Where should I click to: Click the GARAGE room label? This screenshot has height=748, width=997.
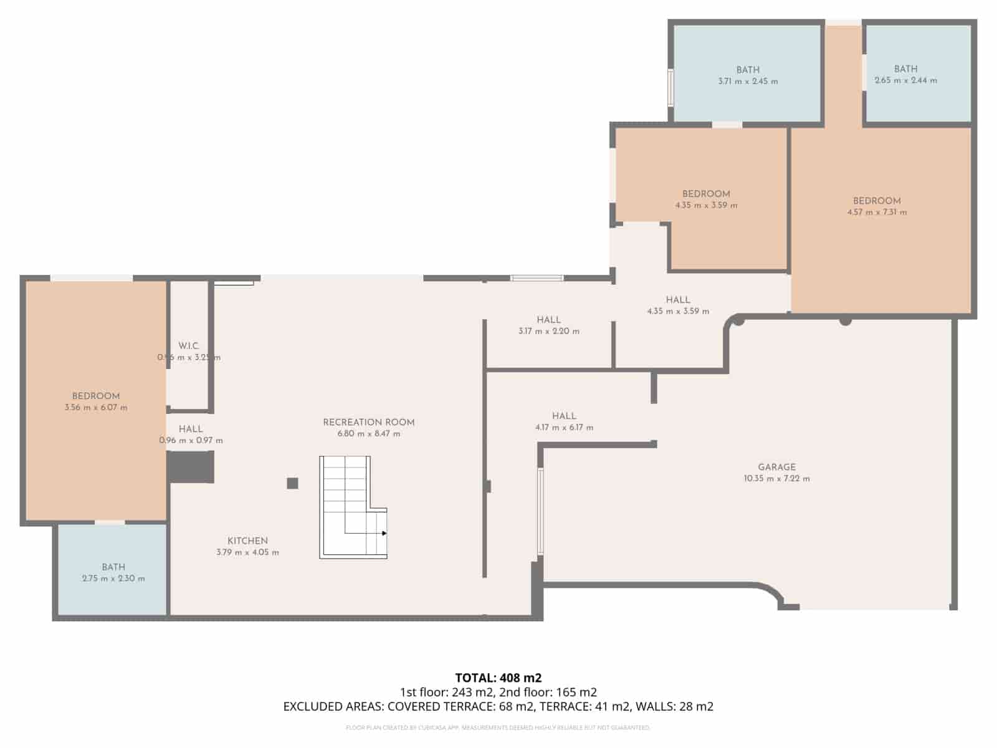pyautogui.click(x=776, y=467)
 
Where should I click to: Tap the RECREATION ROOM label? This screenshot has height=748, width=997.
pyautogui.click(x=368, y=422)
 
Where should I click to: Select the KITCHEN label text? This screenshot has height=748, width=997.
pyautogui.click(x=247, y=541)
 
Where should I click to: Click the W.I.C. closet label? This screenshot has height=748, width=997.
pyautogui.click(x=188, y=346)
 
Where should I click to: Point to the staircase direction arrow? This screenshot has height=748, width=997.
pyautogui.click(x=384, y=534)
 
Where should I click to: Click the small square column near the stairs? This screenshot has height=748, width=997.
pyautogui.click(x=292, y=483)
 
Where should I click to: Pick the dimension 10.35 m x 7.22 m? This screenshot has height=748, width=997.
pyautogui.click(x=776, y=479)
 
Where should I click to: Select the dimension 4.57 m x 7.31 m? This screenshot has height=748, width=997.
pyautogui.click(x=877, y=213)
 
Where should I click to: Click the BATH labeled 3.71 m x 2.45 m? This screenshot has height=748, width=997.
pyautogui.click(x=748, y=70)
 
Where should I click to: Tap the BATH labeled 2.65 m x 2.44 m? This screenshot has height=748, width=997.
pyautogui.click(x=905, y=69)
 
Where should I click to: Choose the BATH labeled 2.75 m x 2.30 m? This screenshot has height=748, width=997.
pyautogui.click(x=113, y=567)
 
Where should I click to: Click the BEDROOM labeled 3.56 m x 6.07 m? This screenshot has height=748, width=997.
pyautogui.click(x=96, y=396)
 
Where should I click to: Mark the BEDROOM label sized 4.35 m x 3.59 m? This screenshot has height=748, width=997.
pyautogui.click(x=706, y=194)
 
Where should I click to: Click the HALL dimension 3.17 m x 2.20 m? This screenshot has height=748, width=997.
pyautogui.click(x=548, y=332)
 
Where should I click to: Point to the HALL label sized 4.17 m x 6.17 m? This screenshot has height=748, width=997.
pyautogui.click(x=564, y=416)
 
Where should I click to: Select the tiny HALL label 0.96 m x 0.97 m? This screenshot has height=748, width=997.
pyautogui.click(x=191, y=429)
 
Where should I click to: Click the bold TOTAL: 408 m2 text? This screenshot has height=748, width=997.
pyautogui.click(x=498, y=678)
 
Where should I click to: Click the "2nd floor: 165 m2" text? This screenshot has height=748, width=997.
pyautogui.click(x=548, y=692)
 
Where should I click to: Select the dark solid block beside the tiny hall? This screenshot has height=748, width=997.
pyautogui.click(x=191, y=467)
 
